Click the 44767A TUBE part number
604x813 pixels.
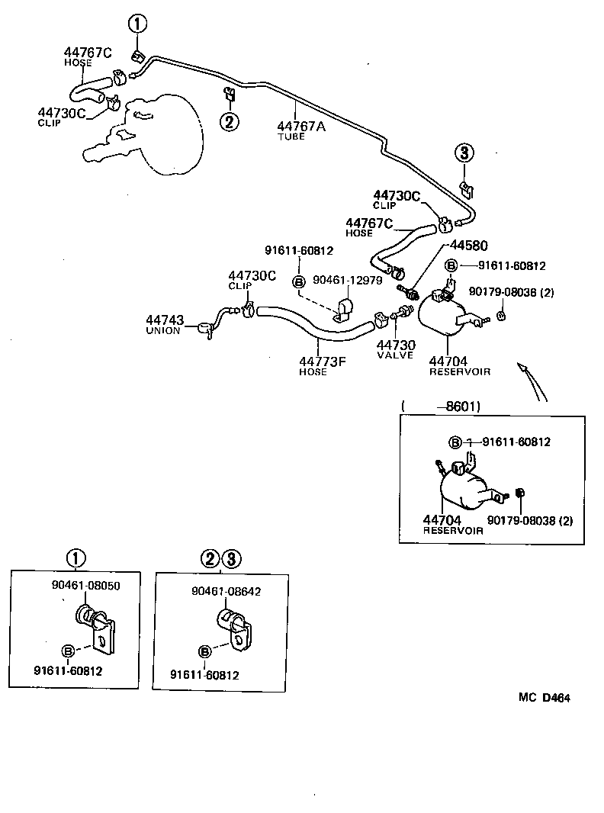pyautogui.click(x=300, y=127)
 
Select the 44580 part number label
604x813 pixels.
pyautogui.click(x=468, y=246)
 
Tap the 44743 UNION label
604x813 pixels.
pyautogui.click(x=164, y=320)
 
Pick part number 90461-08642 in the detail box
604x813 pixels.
pyautogui.click(x=226, y=591)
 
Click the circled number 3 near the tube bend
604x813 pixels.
pyautogui.click(x=465, y=153)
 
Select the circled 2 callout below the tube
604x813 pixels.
pyautogui.click(x=230, y=121)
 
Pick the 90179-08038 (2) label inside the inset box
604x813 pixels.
pyautogui.click(x=529, y=521)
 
